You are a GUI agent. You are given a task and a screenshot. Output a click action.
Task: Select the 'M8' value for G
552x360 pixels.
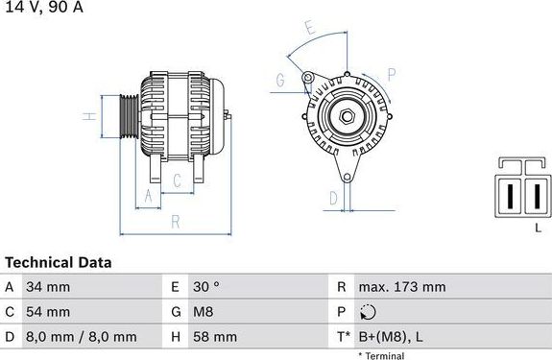(205, 312)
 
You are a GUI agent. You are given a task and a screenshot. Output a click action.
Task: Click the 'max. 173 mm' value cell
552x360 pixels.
(401, 287)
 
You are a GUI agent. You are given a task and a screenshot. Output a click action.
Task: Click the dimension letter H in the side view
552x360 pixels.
(86, 117)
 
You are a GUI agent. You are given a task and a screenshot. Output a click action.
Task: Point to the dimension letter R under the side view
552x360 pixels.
(176, 222)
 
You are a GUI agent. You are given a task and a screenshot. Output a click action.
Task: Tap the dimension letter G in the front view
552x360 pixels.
(279, 81)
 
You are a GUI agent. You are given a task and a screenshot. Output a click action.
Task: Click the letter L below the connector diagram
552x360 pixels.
(537, 227)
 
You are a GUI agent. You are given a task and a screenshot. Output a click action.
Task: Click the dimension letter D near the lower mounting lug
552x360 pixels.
(333, 199)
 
